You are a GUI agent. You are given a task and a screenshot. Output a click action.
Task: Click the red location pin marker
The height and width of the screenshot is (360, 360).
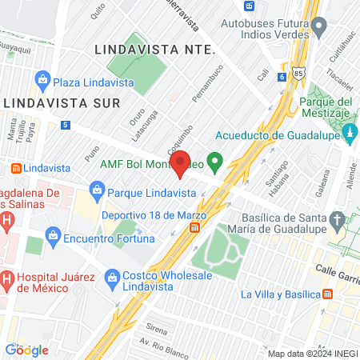pyautogui.click(x=181, y=164)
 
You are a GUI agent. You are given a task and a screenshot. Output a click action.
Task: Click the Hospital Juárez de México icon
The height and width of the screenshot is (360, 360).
pyautogui.click(x=6, y=280)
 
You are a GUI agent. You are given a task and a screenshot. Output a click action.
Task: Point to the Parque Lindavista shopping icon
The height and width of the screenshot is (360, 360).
pyautogui.click(x=96, y=192)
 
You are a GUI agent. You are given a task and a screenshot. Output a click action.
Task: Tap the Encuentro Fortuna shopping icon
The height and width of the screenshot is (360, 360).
pyautogui.click(x=54, y=235)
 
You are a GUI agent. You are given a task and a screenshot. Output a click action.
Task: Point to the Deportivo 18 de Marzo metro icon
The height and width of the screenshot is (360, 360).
pyautogui.click(x=194, y=229)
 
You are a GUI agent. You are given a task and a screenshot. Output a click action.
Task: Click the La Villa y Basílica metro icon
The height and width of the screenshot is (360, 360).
pyautogui.click(x=328, y=294)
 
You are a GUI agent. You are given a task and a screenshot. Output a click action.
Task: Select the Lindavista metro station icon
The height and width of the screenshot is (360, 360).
pyautogui.click(x=14, y=169)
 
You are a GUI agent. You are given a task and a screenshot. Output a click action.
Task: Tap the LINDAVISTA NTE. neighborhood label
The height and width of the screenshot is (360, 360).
pyautogui.click(x=154, y=49)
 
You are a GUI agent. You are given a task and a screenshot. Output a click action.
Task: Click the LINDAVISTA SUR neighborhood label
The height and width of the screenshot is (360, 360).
pyautogui.click(x=62, y=103)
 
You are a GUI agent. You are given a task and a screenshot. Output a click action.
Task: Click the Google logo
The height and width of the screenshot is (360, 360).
pyautogui.click(x=27, y=350)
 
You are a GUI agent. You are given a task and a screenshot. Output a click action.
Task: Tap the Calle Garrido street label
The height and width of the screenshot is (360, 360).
pyautogui.click(x=337, y=270)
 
